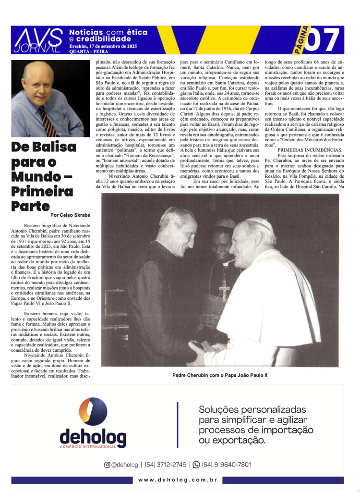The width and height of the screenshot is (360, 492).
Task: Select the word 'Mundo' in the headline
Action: coord(34,176)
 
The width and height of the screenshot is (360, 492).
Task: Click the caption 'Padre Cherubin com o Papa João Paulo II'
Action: coord(220,375)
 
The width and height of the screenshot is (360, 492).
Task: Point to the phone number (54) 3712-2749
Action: coord(166,465)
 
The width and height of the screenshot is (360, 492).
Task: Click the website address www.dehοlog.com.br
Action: coord(178,480)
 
